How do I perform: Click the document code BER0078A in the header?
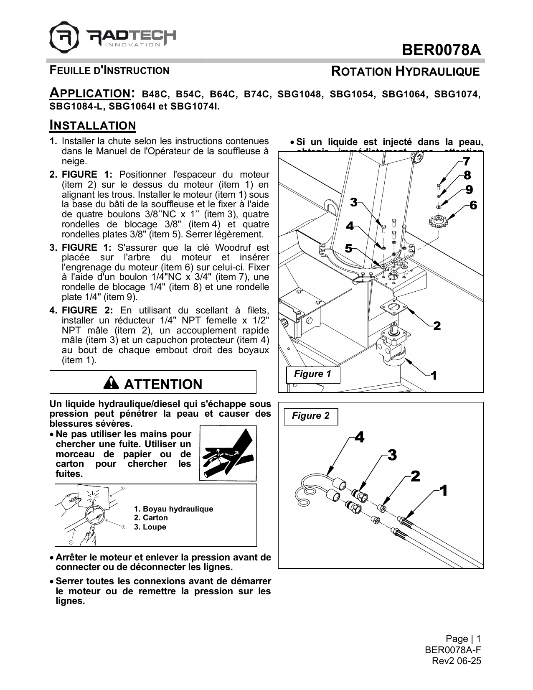coord(441,50)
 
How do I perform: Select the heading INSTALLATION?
coord(93,125)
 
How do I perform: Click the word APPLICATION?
coord(89,93)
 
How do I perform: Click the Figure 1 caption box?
coord(312,374)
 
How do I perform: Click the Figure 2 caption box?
coord(310,416)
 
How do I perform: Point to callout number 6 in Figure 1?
coord(473,206)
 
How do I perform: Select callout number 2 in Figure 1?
coord(437,326)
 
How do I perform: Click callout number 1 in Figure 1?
coord(434,376)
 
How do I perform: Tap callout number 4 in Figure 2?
coord(359,438)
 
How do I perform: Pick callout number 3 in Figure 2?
coord(391,455)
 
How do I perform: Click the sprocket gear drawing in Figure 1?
coord(437,220)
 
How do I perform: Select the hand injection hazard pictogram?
coord(228,453)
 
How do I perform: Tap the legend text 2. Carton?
coord(151,518)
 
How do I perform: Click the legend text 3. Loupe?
coord(150,527)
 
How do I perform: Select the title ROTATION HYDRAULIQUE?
coord(405,71)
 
